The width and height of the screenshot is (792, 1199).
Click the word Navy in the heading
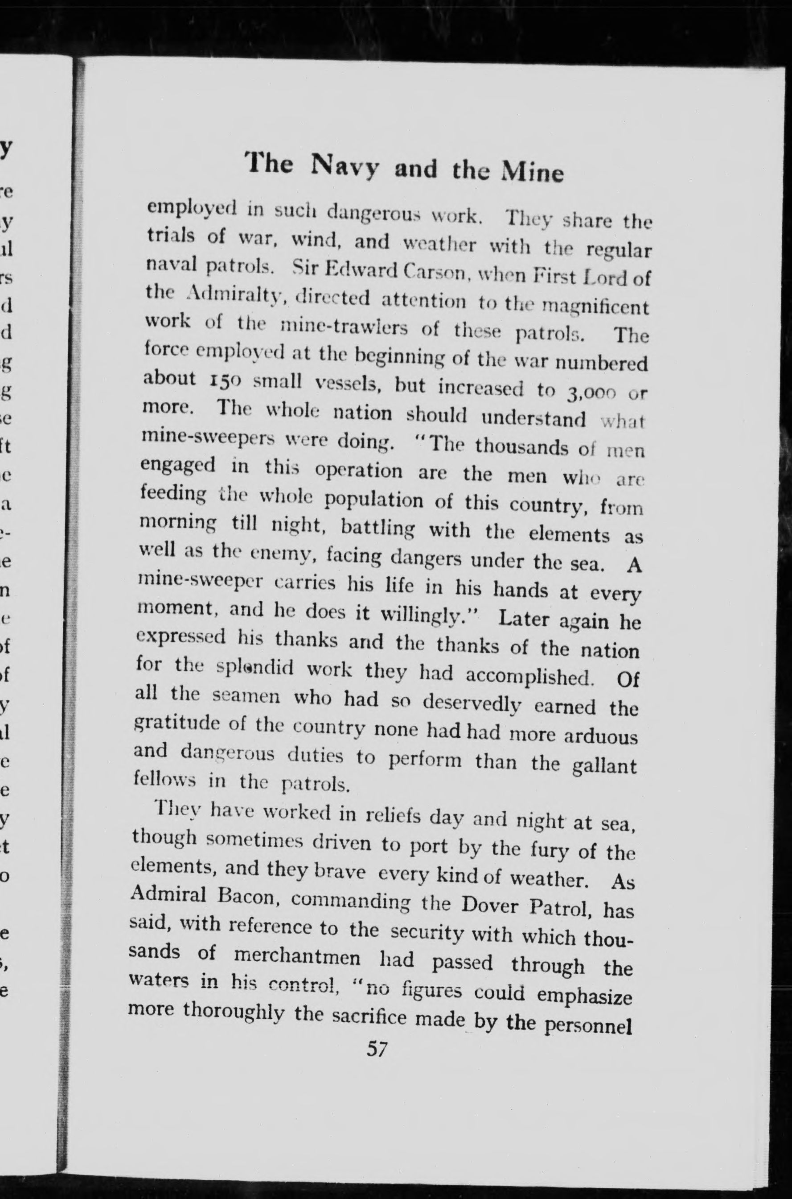click(345, 166)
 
